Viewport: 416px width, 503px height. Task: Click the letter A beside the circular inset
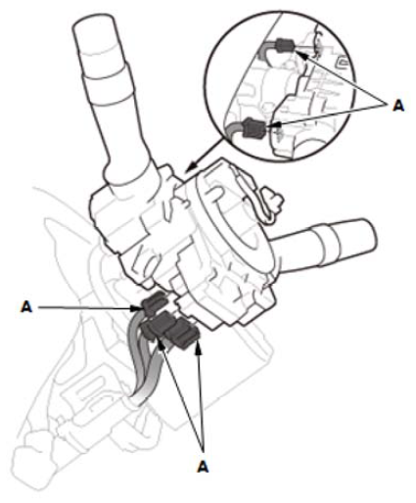[x=398, y=106]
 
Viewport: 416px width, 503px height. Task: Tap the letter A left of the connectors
[x=26, y=306]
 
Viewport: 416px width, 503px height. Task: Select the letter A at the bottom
[x=203, y=467]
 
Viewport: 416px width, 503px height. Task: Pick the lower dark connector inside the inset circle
[x=254, y=127]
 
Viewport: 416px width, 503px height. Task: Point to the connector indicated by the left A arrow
[x=154, y=302]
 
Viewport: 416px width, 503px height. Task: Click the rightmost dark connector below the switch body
[x=181, y=334]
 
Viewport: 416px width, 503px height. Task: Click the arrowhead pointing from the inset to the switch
[x=192, y=166]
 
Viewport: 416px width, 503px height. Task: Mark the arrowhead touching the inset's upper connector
[x=301, y=55]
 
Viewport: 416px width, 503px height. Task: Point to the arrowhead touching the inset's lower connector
[x=275, y=125]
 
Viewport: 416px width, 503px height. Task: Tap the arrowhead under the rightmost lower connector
[x=198, y=349]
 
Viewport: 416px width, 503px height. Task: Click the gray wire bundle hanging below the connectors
[x=144, y=365]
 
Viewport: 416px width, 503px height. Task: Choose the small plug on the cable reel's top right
[x=273, y=199]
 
